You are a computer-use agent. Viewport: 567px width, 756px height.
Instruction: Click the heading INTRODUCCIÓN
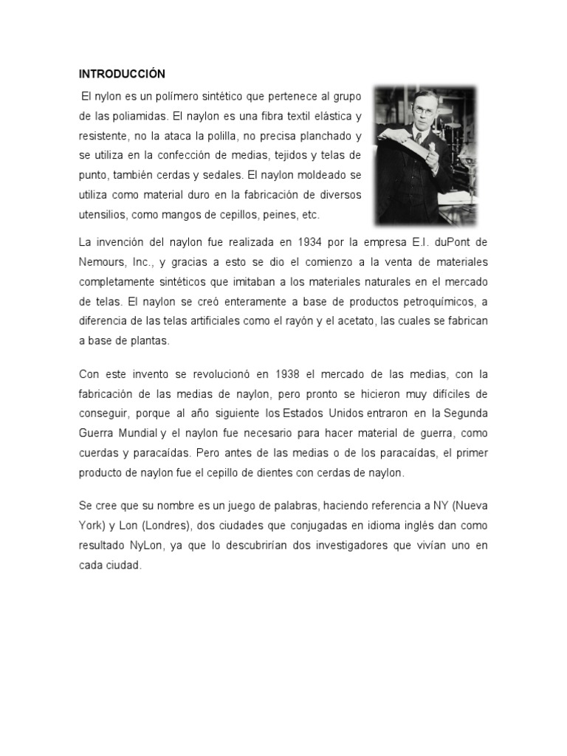pos(122,74)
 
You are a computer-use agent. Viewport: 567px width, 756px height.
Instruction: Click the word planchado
pos(314,137)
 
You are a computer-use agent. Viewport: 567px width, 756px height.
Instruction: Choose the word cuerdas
pos(100,453)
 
